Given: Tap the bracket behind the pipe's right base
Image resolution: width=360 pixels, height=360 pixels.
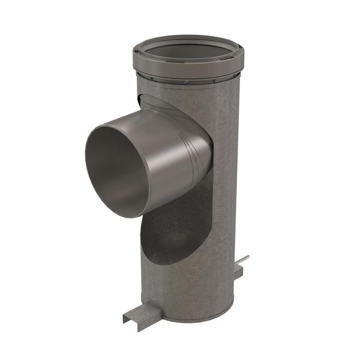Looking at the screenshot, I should coord(238,272).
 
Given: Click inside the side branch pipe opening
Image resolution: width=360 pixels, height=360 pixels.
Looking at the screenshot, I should coord(117,171).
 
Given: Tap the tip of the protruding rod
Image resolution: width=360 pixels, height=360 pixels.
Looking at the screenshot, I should coord(247,257).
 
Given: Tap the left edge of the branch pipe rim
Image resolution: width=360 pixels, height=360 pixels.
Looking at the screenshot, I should coord(87,162).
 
